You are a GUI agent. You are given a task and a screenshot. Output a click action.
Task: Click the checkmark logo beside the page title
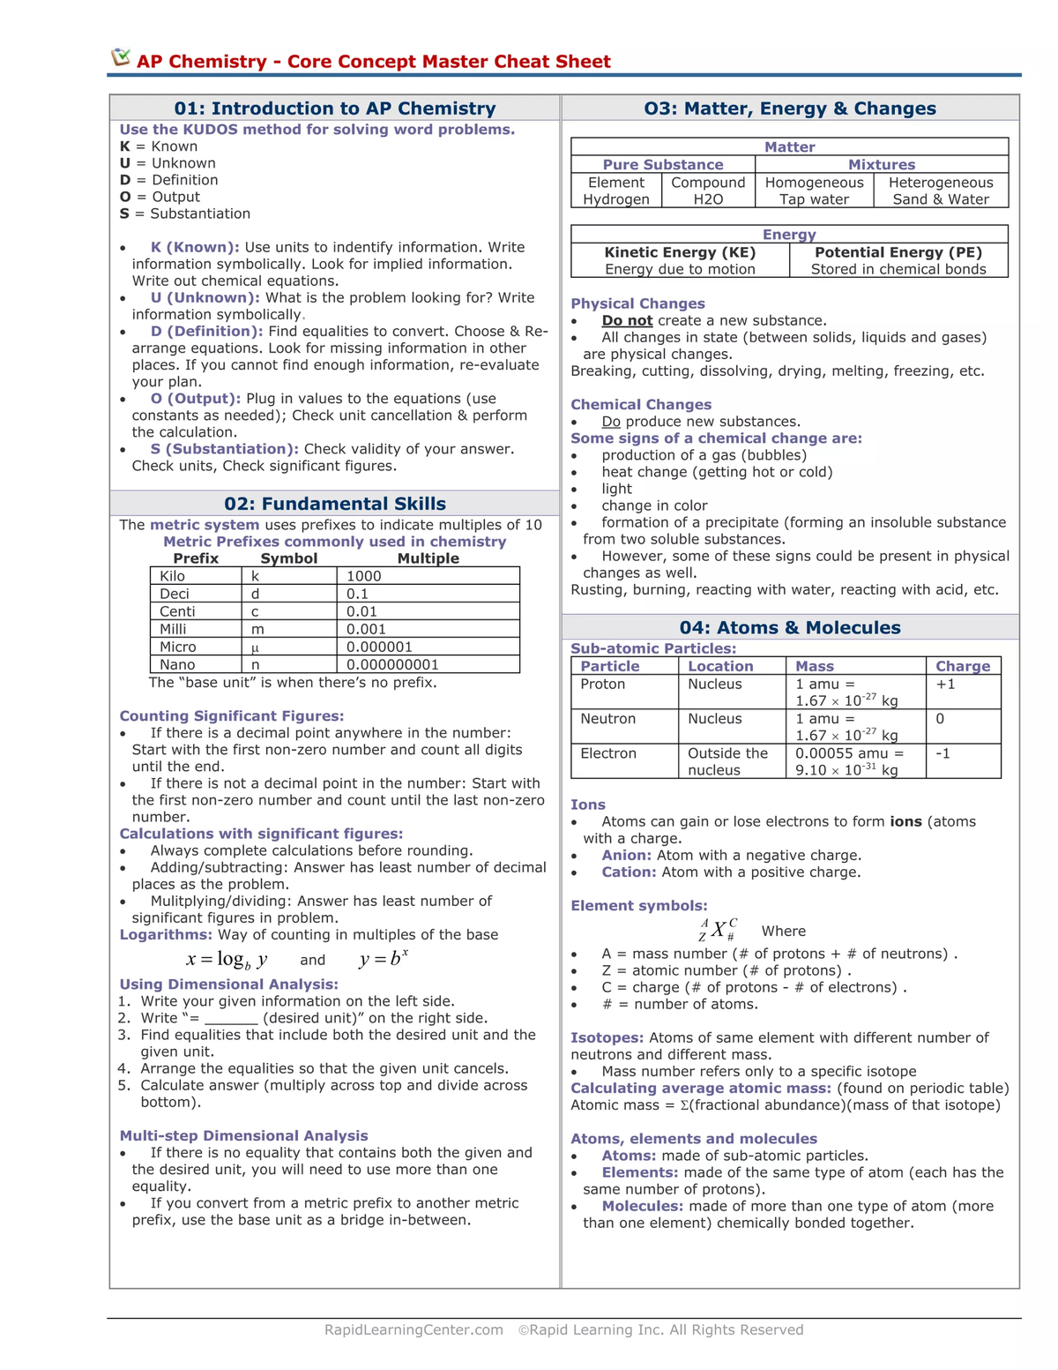pos(121,58)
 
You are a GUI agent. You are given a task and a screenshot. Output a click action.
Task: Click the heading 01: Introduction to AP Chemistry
pos(334,109)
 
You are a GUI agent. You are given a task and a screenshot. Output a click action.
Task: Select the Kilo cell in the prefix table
pos(173,576)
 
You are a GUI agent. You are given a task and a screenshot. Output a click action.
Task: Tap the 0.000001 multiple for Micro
pos(379,647)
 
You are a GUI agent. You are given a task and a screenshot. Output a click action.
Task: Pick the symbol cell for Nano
pos(256,664)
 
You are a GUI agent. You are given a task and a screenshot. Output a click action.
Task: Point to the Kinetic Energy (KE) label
pos(680,252)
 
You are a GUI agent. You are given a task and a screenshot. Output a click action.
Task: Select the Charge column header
pos(963,666)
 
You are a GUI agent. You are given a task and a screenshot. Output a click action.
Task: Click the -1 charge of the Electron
pos(943,753)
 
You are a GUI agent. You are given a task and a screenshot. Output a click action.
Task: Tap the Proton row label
pos(603,684)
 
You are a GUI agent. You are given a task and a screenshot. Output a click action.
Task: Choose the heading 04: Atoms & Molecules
pos(789,627)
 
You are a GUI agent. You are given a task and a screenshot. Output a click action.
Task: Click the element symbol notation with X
pos(719,930)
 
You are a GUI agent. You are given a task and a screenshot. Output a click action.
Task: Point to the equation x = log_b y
pos(227,960)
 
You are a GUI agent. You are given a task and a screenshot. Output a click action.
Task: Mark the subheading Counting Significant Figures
pos(232,715)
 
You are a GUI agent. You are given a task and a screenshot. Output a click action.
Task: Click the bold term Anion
pos(626,855)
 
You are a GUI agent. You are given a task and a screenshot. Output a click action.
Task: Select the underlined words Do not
pos(627,320)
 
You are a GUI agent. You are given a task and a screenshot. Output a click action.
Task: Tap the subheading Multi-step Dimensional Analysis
pos(243,1135)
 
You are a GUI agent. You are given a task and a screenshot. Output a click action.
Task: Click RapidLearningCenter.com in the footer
pos(414,1329)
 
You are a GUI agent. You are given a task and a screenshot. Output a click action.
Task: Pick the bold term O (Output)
pos(195,399)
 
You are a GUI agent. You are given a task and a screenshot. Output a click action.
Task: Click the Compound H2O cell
pos(708,191)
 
